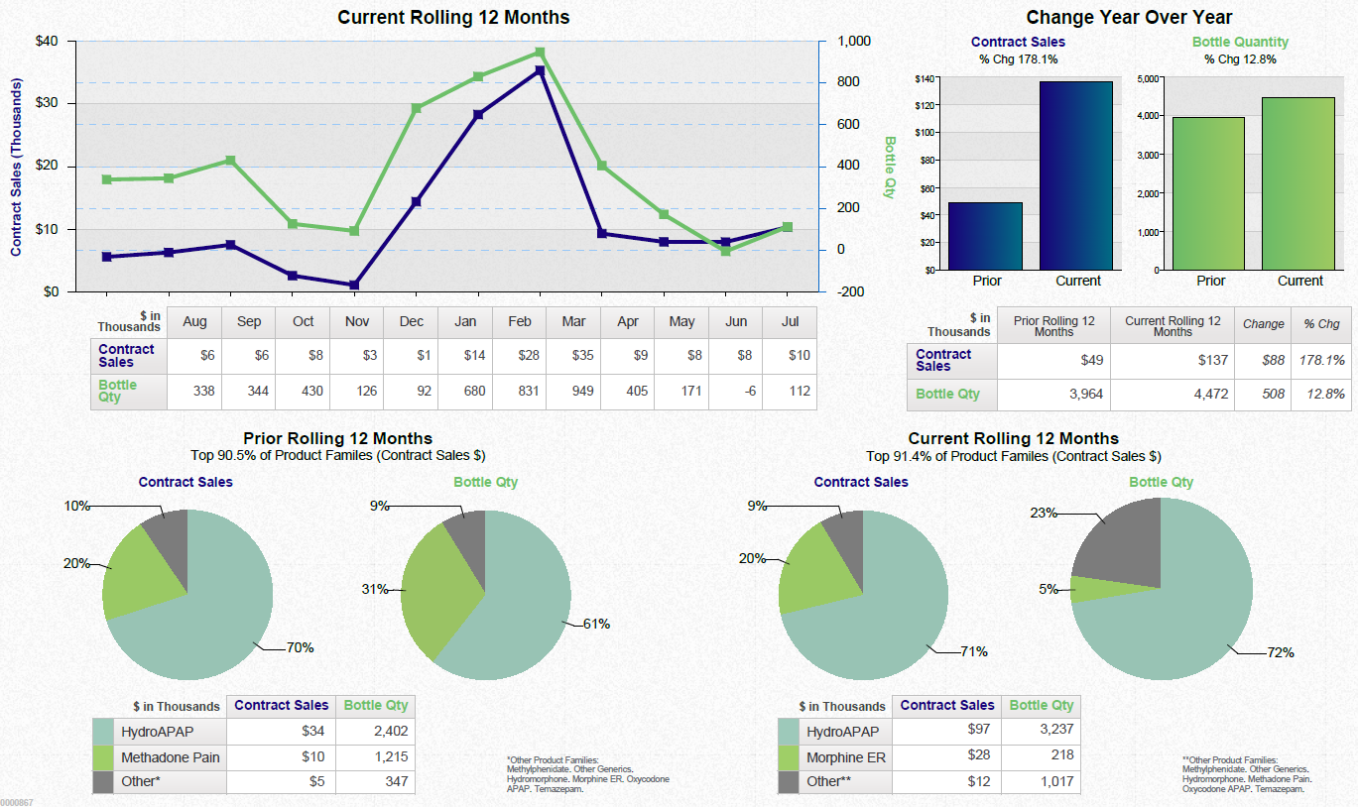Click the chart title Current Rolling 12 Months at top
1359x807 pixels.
point(453,17)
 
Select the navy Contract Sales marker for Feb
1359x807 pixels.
point(540,70)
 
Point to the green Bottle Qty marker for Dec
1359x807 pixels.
point(417,108)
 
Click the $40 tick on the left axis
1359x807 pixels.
point(47,42)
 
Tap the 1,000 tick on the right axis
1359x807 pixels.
point(853,42)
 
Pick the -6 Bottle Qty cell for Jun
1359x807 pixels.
point(735,391)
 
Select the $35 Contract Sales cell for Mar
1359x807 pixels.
point(573,355)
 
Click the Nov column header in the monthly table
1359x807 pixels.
point(357,321)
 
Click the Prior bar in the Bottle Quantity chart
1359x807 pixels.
point(1208,193)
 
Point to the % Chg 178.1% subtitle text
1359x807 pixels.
point(1018,59)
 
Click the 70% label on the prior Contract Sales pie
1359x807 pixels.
point(300,648)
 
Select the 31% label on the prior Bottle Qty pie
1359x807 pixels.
point(374,590)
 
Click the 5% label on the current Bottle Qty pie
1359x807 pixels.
point(1048,590)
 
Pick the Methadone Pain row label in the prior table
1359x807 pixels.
point(170,757)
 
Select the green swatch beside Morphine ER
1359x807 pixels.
point(790,757)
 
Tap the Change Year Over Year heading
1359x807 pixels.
point(1129,17)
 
